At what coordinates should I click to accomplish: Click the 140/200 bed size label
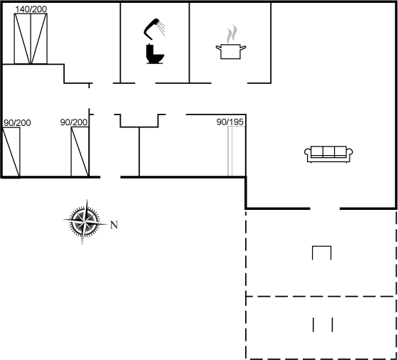31,9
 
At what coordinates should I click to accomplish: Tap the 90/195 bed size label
230,122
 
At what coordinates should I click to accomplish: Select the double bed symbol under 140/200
31,38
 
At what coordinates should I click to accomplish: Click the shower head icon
151,29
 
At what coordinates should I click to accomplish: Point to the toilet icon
155,54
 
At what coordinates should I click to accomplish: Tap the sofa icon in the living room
328,154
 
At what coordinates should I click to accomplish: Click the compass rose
85,222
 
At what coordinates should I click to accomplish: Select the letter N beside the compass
114,225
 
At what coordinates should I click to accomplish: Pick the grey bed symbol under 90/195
237,151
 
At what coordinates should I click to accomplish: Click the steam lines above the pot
232,33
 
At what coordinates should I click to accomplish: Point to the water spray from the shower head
161,28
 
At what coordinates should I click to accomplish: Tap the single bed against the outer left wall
11,152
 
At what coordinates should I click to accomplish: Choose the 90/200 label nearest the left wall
17,123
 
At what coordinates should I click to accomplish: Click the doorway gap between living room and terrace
325,208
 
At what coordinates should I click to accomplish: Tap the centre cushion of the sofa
328,152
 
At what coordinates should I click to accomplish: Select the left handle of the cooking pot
218,48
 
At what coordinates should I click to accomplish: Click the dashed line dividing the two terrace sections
321,296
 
